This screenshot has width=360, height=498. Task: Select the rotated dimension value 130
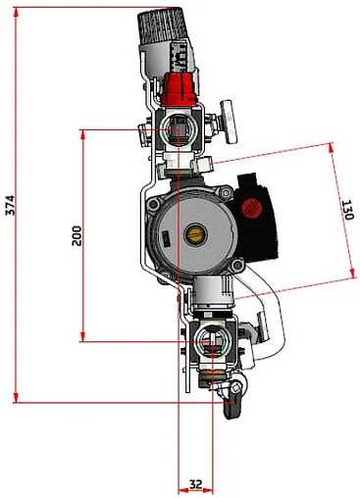pyautogui.click(x=346, y=211)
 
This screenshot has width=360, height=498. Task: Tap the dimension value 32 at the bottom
pyautogui.click(x=195, y=483)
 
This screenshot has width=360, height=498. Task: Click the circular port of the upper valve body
pyautogui.click(x=180, y=127)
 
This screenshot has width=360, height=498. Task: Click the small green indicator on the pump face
pyautogui.click(x=168, y=235)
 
